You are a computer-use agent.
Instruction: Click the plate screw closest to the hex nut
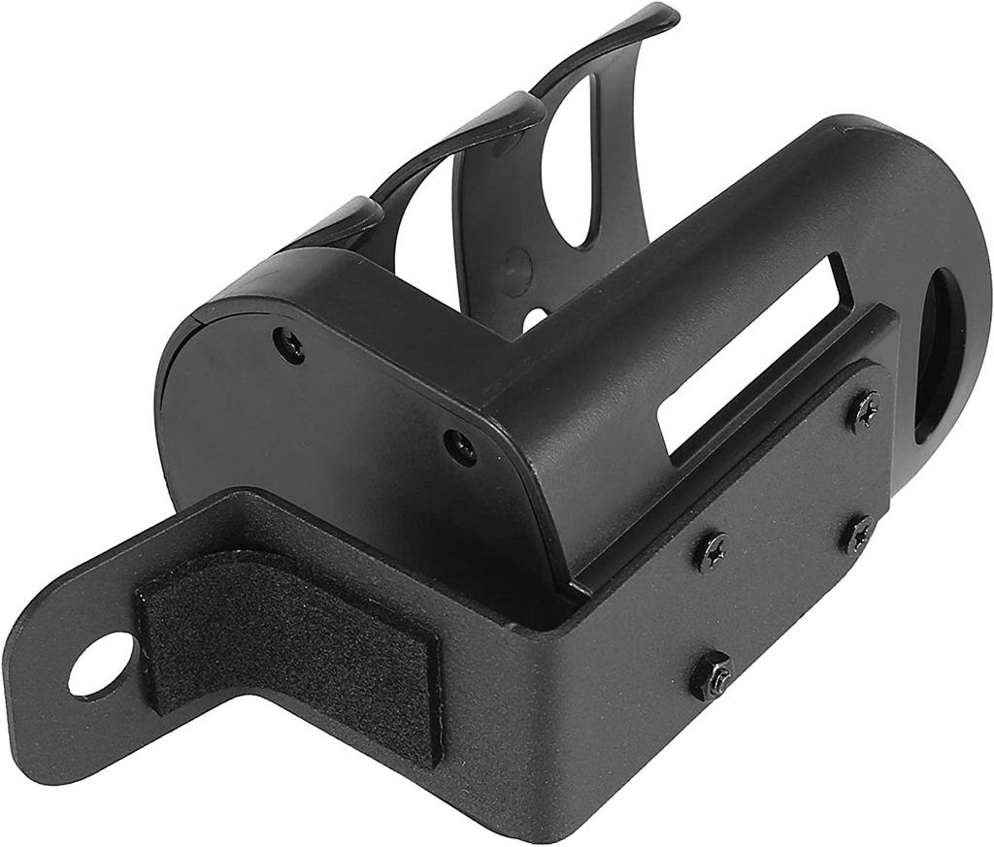click(712, 551)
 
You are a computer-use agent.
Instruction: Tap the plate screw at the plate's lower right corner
click(858, 535)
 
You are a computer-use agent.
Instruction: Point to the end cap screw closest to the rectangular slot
click(460, 446)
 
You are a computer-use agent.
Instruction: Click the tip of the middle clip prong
click(529, 106)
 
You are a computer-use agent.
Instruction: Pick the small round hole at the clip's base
click(534, 317)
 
